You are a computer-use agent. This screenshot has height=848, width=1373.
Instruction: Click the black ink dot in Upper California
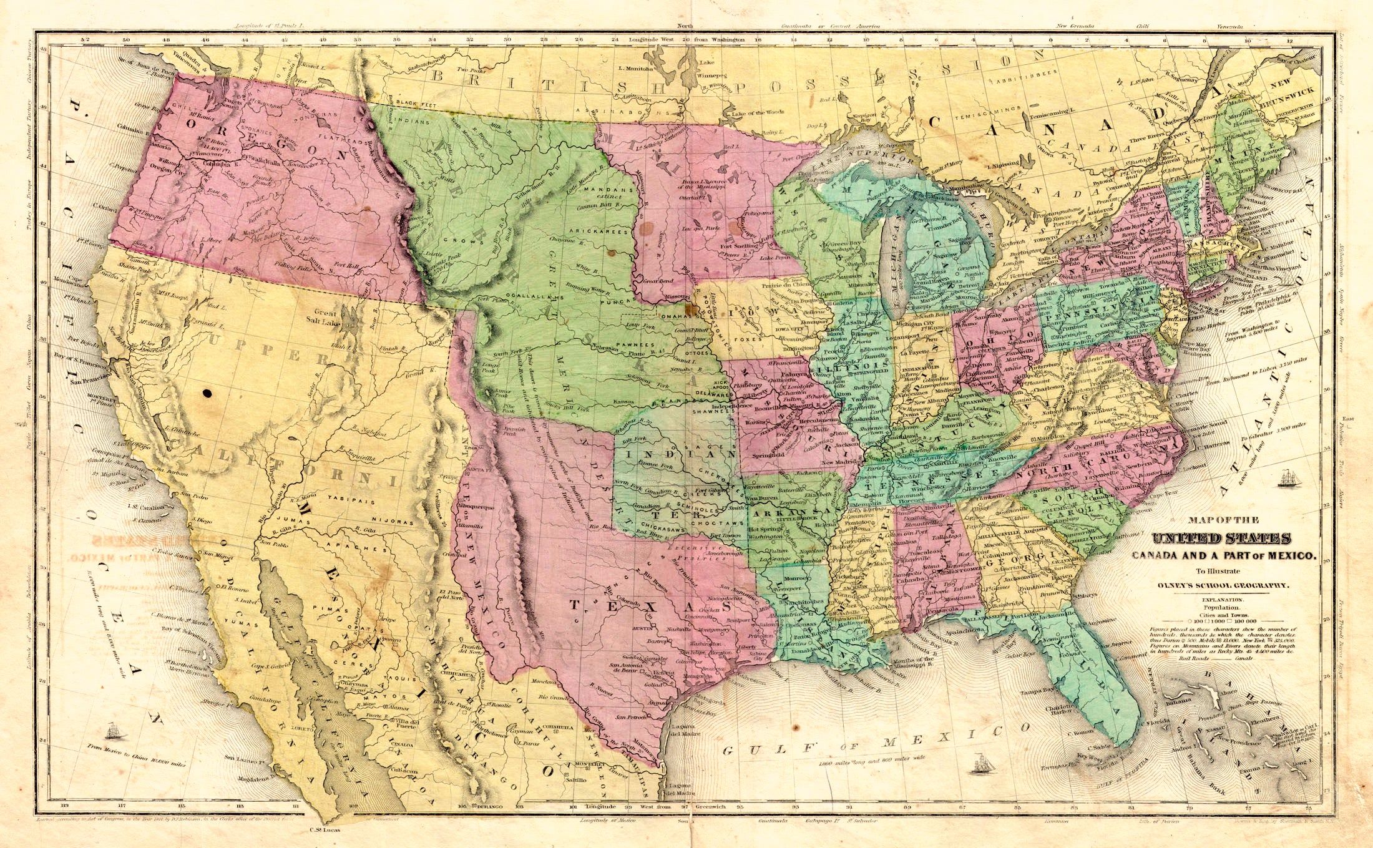[207, 393]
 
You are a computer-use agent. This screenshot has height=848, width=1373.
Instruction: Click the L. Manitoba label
[635, 68]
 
